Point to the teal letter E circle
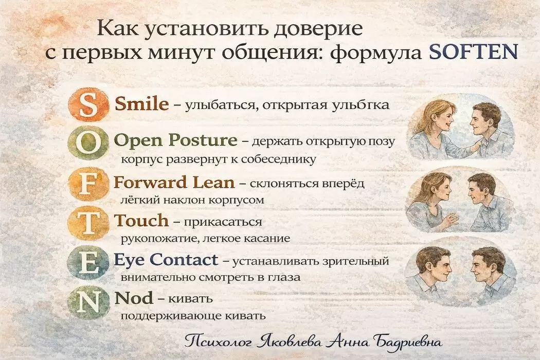coord(88,263)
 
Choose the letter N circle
coord(88,301)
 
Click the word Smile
coord(142,104)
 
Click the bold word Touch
coord(141,221)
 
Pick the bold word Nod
coord(133,298)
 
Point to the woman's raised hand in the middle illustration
coord(451,220)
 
